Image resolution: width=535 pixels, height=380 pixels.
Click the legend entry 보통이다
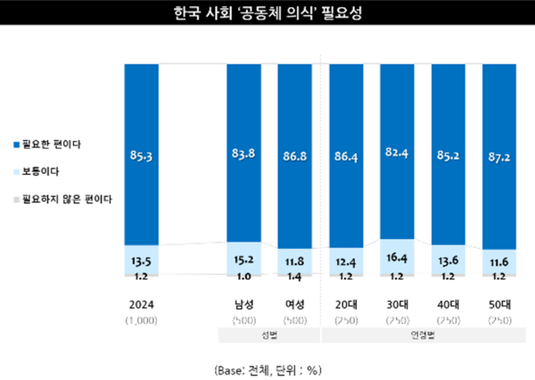40,169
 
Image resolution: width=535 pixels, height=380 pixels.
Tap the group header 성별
269,335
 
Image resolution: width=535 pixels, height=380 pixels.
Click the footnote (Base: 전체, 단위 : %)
267,368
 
